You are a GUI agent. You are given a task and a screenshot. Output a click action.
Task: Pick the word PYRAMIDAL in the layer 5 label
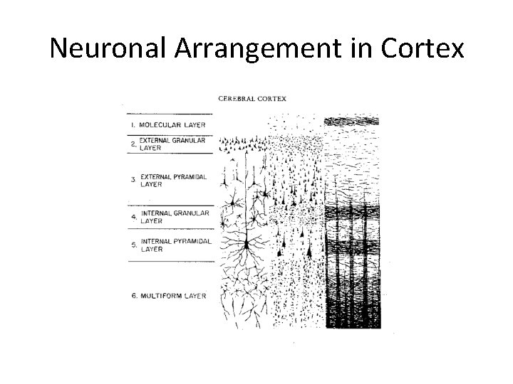tap(192, 242)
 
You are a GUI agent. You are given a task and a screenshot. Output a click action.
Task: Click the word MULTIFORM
tap(164, 295)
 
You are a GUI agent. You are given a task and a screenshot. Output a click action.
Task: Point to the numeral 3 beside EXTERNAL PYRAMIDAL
tap(133, 180)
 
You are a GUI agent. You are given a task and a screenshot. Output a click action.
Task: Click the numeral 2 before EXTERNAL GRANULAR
tap(133, 144)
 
